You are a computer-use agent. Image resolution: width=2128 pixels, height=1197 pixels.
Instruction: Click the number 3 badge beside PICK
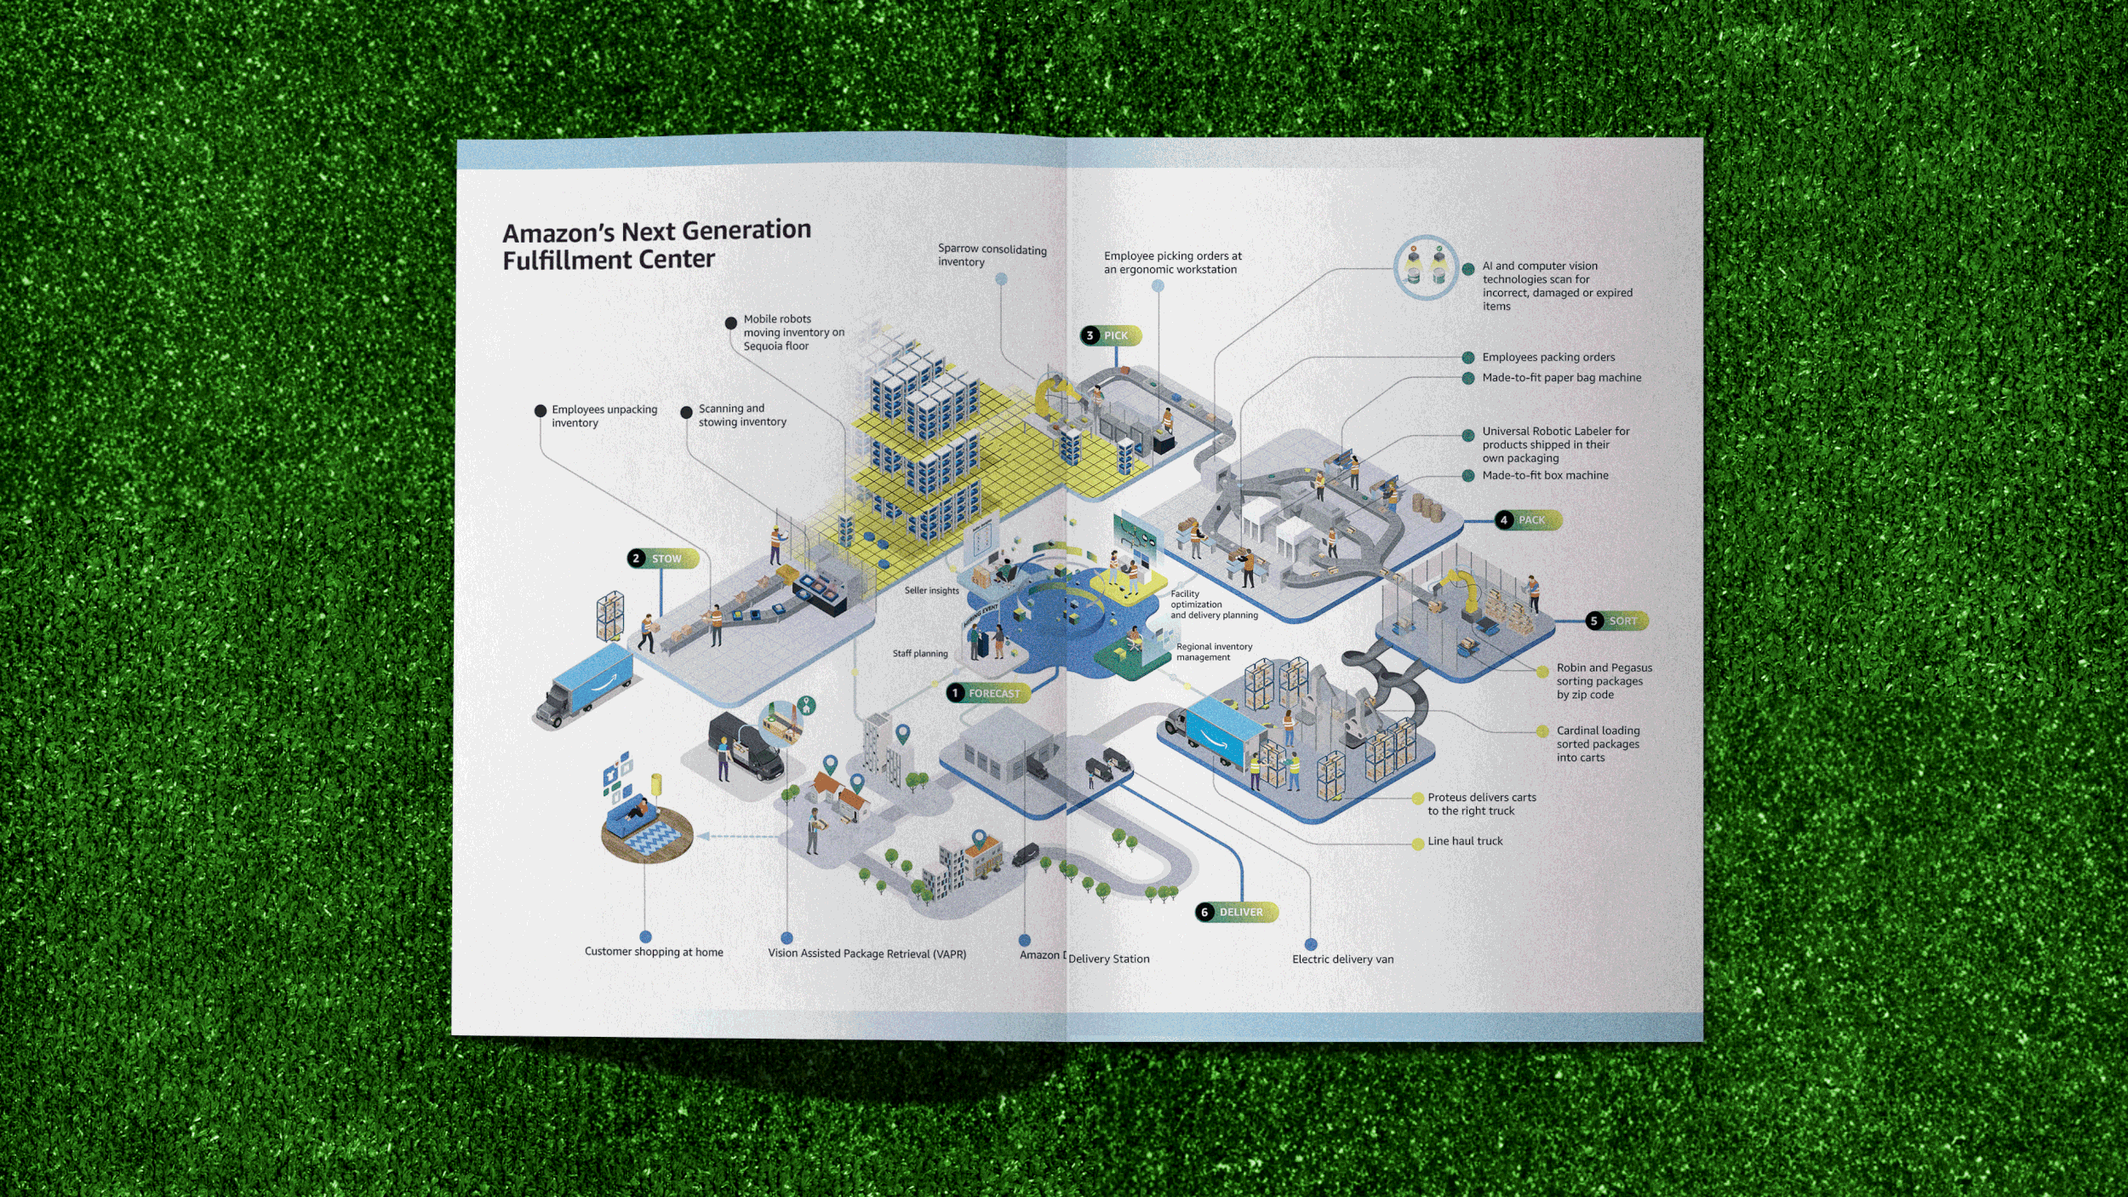point(1090,335)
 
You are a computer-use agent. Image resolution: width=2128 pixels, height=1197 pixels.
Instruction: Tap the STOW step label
point(666,558)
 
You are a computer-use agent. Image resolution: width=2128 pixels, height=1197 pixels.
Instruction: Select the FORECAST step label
point(993,693)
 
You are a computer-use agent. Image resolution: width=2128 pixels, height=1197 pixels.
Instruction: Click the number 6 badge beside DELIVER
point(1204,912)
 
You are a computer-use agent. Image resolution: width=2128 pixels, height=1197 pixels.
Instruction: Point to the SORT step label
point(1622,621)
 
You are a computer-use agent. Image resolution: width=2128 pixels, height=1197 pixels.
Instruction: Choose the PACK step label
point(1531,519)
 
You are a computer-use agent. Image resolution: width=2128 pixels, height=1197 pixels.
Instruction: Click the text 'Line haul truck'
point(1465,841)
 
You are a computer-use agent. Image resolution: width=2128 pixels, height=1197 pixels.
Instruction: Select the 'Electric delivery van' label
point(1342,959)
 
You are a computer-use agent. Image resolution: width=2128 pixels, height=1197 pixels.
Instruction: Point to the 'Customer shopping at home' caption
point(654,952)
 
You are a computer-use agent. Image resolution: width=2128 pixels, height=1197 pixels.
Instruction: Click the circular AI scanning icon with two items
point(1426,267)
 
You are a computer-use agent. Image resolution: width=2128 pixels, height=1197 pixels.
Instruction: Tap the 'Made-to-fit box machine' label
point(1545,475)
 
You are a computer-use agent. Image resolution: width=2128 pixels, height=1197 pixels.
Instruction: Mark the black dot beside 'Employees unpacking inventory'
point(541,410)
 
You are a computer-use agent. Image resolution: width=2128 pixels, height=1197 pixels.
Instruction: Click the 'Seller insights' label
point(931,590)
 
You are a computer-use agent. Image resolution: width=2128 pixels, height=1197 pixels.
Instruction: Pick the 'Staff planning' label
point(920,653)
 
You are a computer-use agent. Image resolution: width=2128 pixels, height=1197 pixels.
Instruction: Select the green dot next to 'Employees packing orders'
point(1468,358)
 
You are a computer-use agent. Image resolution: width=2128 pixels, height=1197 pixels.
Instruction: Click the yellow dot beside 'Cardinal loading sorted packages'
point(1542,731)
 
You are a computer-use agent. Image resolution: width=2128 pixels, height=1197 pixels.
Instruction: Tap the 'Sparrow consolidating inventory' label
point(992,255)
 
